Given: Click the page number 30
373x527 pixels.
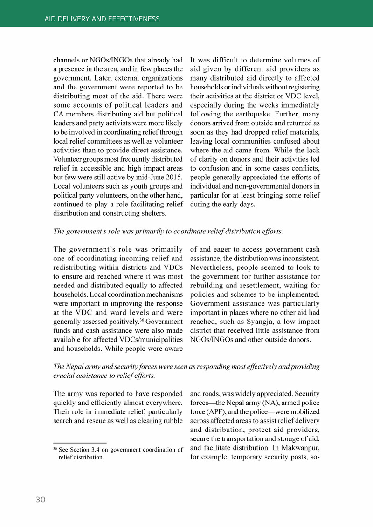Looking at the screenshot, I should pyautogui.click(x=41, y=500).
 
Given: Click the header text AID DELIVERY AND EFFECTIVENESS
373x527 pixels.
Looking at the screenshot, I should pyautogui.click(x=102, y=19).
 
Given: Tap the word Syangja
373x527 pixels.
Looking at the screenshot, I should pyautogui.click(x=251, y=322).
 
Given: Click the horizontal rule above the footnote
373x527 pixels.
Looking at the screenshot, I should pyautogui.click(x=80, y=443).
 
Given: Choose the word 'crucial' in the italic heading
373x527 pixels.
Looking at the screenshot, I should pyautogui.click(x=64, y=376).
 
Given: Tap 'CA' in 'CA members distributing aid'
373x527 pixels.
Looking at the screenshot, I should pyautogui.click(x=59, y=114).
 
